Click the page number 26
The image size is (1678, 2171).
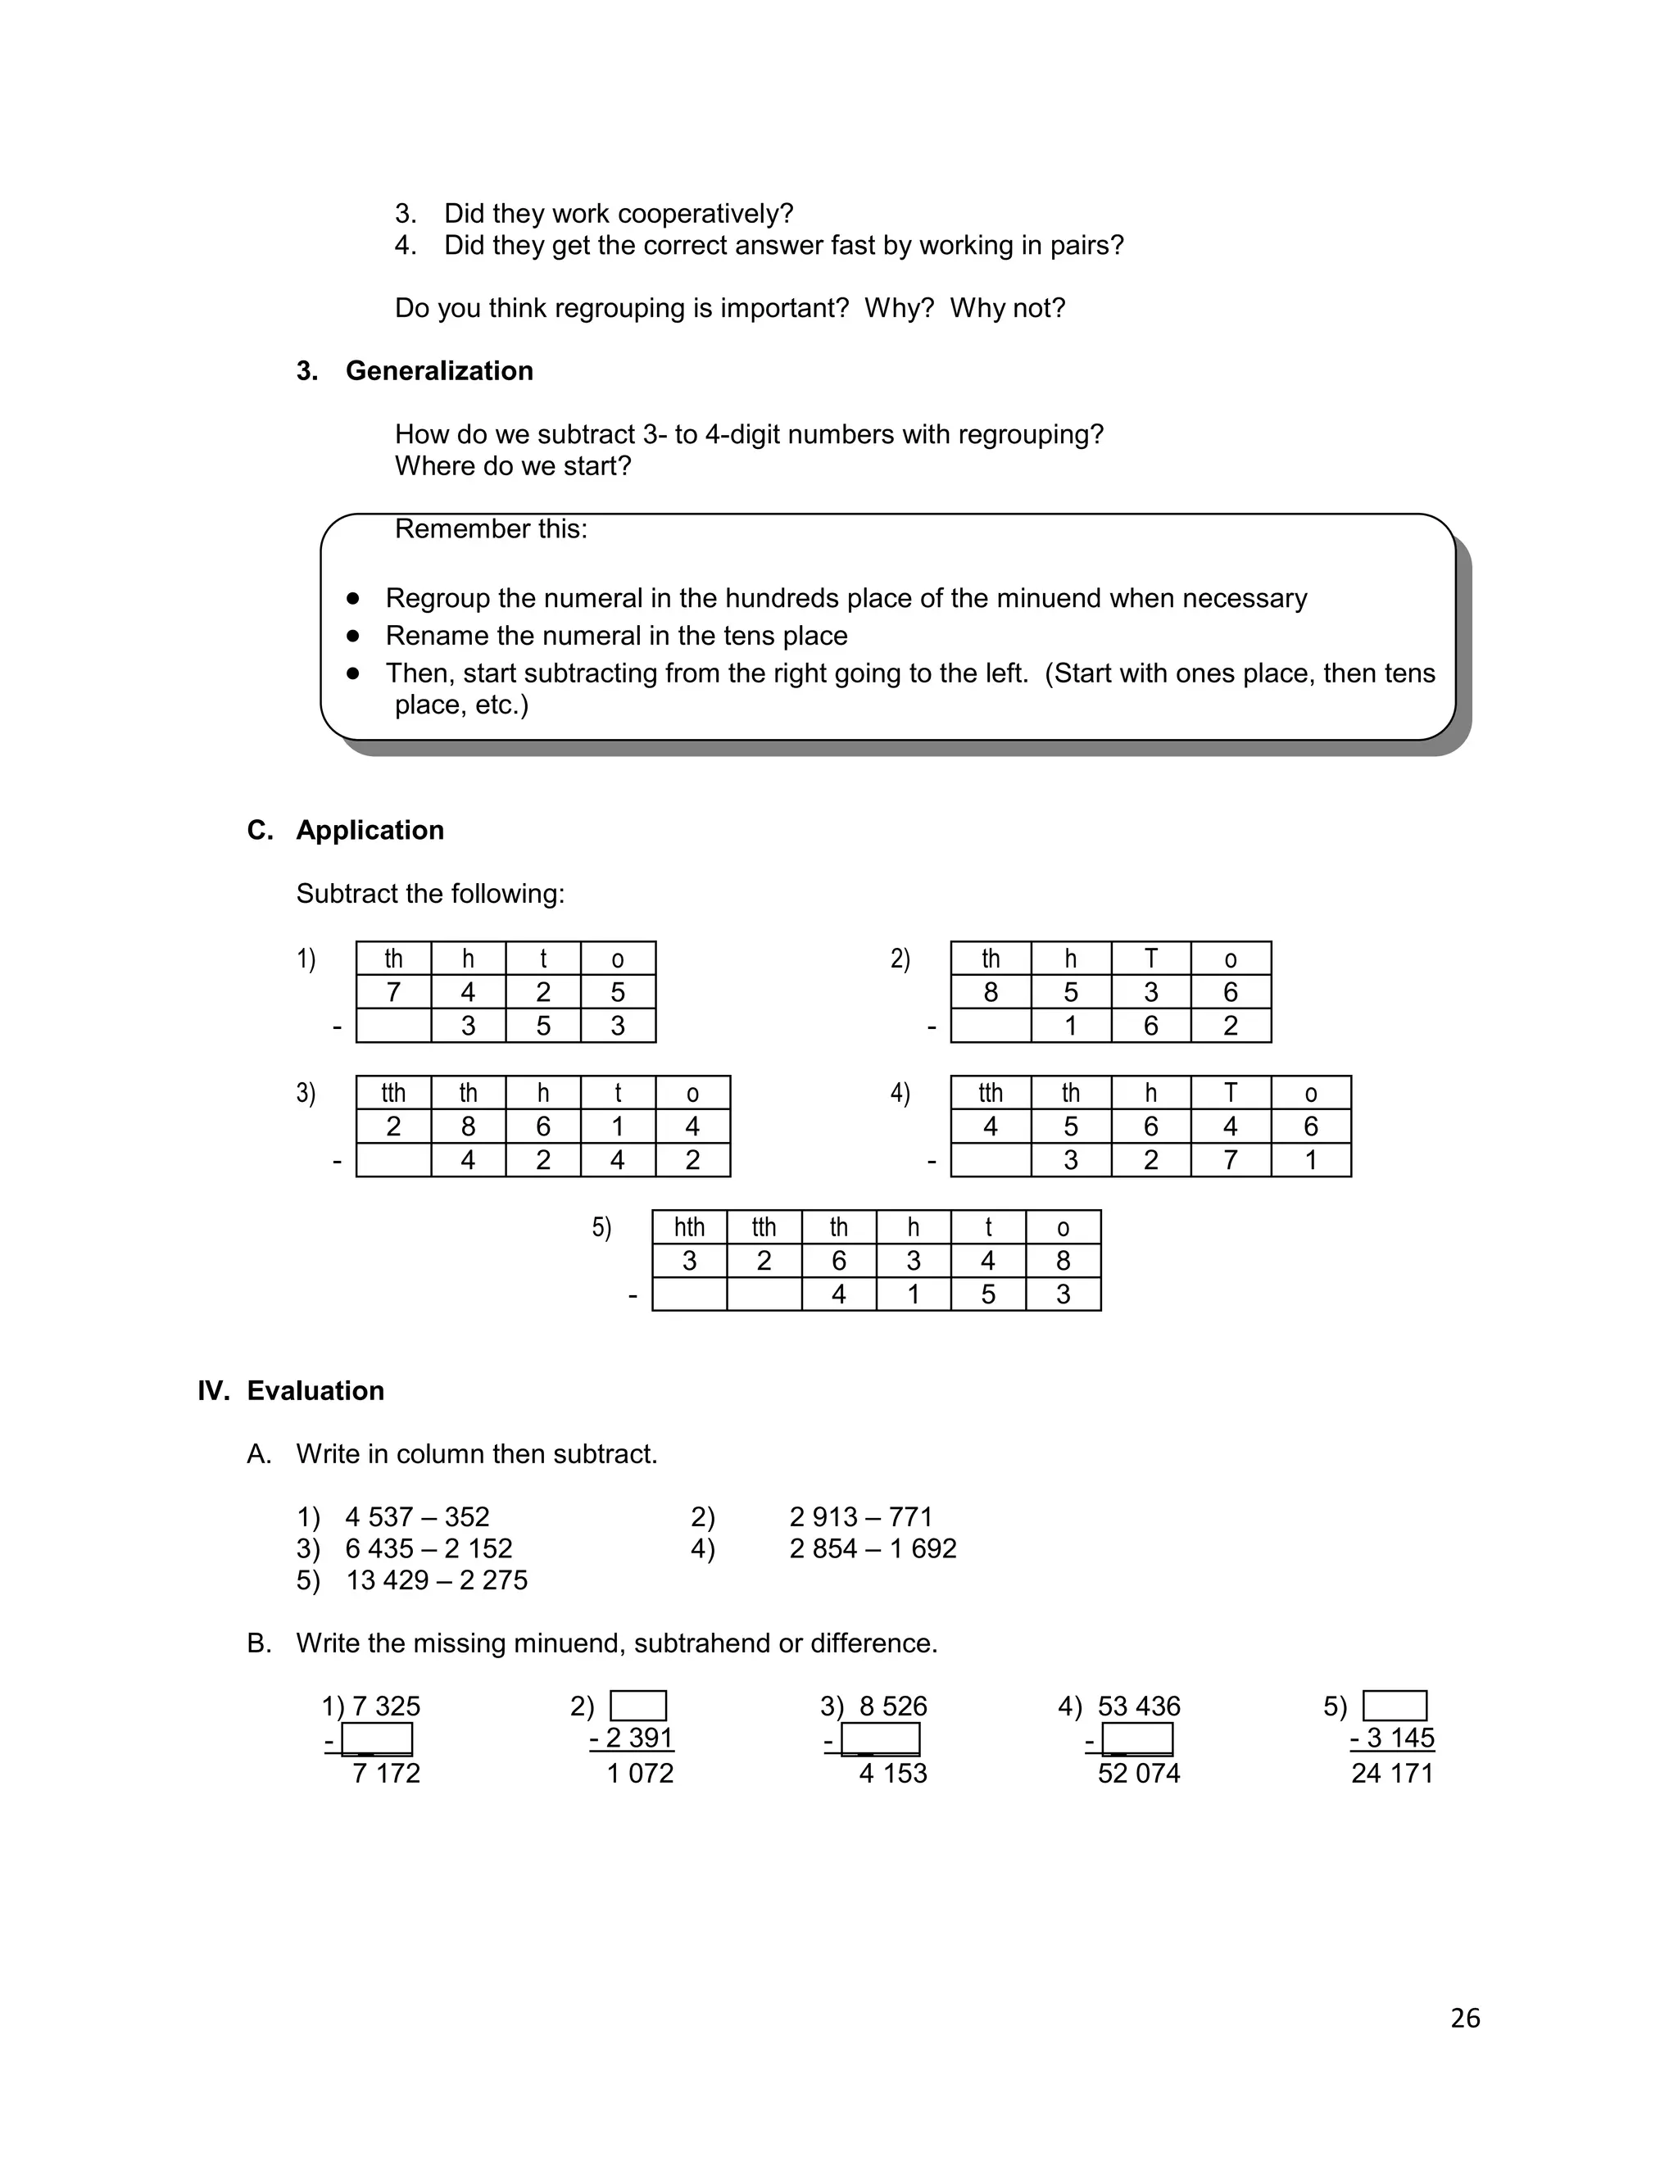coord(1464,2018)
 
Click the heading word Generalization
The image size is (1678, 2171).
coord(438,371)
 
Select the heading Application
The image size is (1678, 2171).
coord(370,830)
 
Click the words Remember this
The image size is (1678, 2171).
coord(490,529)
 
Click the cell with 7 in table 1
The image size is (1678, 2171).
coord(393,992)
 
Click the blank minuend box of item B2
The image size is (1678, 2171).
coord(638,1706)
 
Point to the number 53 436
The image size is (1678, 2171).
coord(1138,1706)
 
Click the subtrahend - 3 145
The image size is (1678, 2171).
coord(1392,1738)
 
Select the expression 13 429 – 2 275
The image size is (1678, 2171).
coord(437,1580)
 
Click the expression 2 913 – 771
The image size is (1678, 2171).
coord(861,1517)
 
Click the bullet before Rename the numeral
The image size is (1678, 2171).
coord(353,635)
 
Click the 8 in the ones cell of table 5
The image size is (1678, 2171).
coord(1063,1262)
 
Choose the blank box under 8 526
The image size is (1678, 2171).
coord(880,1739)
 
